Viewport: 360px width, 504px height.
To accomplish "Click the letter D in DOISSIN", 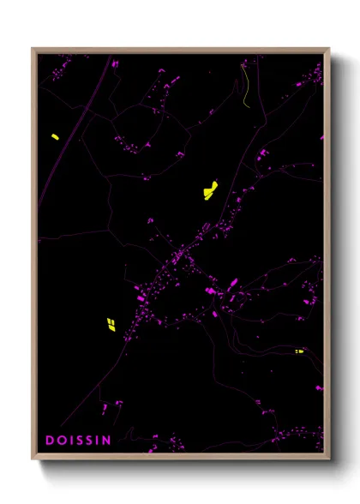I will pyautogui.click(x=50, y=441).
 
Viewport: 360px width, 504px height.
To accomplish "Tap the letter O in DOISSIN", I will pyautogui.click(x=62, y=441).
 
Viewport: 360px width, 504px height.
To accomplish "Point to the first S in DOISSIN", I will pyautogui.click(x=81, y=441).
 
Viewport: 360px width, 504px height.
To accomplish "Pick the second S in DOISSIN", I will pyautogui.click(x=93, y=441).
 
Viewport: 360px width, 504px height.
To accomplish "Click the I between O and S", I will pyautogui.click(x=72, y=441).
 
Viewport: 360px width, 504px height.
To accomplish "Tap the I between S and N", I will pyautogui.click(x=100, y=441).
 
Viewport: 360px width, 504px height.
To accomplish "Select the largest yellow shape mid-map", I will pyautogui.click(x=210, y=189).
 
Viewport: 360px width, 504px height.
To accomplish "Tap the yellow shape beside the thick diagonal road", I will pyautogui.click(x=54, y=136).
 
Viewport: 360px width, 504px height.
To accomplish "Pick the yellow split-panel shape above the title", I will pyautogui.click(x=111, y=324).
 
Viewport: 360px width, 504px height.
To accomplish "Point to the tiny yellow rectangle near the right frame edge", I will pyautogui.click(x=299, y=351).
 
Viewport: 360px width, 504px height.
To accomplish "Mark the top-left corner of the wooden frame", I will pyautogui.click(x=33, y=50).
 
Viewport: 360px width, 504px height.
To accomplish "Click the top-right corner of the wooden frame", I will pyautogui.click(x=329, y=50).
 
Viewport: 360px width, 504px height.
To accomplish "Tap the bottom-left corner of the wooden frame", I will pyautogui.click(x=33, y=459).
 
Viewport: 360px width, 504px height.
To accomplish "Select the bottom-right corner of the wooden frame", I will pyautogui.click(x=329, y=459).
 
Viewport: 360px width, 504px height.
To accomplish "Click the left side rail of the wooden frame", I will pyautogui.click(x=34, y=257).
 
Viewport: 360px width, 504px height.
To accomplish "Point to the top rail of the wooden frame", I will pyautogui.click(x=180, y=50).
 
